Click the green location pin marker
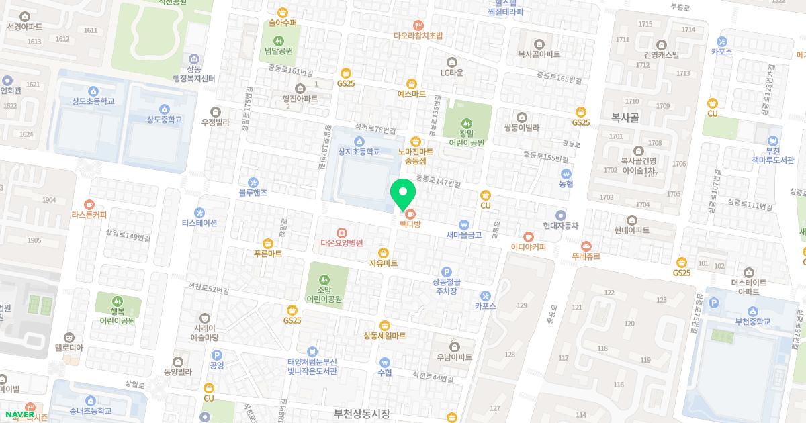pos(403,194)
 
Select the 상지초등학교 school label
pos(359,152)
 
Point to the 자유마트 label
pos(383,263)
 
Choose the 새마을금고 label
pos(463,235)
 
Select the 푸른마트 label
pos(268,254)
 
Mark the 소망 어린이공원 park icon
pos(324,279)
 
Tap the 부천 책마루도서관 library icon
pos(773,141)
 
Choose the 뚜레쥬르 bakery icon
pos(586,246)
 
